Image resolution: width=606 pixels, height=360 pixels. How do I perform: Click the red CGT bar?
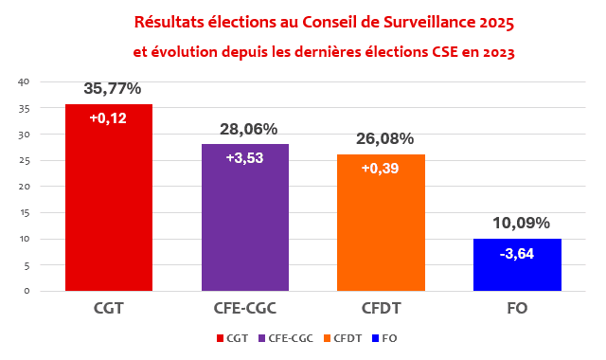(x=109, y=197)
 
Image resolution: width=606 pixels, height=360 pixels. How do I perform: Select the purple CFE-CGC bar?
(x=245, y=217)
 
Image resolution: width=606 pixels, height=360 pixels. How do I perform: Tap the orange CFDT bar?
(x=381, y=223)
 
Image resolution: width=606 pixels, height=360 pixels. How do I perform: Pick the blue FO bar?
(x=517, y=264)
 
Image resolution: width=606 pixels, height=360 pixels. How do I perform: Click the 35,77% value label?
(x=113, y=88)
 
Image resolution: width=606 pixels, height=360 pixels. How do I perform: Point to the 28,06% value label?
(x=248, y=129)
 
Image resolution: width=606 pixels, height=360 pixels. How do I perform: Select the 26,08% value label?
(x=385, y=139)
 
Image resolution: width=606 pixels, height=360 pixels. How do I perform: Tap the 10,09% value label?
(x=521, y=224)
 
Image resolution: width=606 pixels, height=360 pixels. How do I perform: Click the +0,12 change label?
(x=108, y=117)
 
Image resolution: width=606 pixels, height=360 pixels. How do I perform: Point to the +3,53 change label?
(x=244, y=158)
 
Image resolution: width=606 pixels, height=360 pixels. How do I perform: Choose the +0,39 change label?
(x=380, y=169)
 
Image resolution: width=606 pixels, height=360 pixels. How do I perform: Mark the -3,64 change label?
(x=517, y=254)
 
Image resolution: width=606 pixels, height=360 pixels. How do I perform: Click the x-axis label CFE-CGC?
(x=245, y=308)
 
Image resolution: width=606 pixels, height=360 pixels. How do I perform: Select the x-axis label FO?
(x=517, y=308)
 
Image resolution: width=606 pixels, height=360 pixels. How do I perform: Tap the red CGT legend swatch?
(x=221, y=338)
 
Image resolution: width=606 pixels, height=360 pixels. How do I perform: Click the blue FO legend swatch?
(x=375, y=338)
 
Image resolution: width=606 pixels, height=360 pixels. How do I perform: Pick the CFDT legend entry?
(x=343, y=338)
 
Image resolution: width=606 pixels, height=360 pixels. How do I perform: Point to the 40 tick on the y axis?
(x=24, y=82)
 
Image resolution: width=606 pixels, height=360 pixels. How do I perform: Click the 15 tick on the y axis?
(x=25, y=212)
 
